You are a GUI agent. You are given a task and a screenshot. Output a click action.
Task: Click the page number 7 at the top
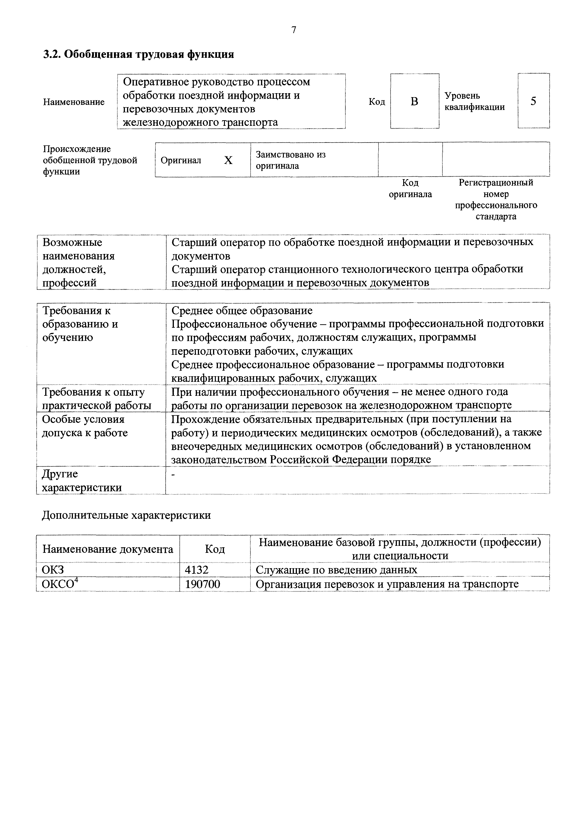click(x=294, y=30)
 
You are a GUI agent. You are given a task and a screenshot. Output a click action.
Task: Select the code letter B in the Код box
click(x=414, y=101)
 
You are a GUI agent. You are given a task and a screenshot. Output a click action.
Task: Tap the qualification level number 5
click(x=533, y=101)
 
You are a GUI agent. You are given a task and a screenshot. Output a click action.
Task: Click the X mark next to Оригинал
click(x=228, y=161)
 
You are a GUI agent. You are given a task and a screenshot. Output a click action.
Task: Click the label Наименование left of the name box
click(x=74, y=102)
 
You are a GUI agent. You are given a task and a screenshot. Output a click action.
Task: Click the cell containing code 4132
click(x=196, y=570)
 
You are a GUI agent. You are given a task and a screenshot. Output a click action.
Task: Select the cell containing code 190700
click(x=203, y=584)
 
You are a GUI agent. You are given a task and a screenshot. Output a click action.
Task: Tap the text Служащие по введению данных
click(x=336, y=570)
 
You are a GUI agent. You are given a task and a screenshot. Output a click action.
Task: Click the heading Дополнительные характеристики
click(x=126, y=515)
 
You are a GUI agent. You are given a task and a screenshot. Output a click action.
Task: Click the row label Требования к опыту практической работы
click(x=96, y=399)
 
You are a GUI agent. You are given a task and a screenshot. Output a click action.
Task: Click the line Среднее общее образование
click(x=242, y=311)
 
